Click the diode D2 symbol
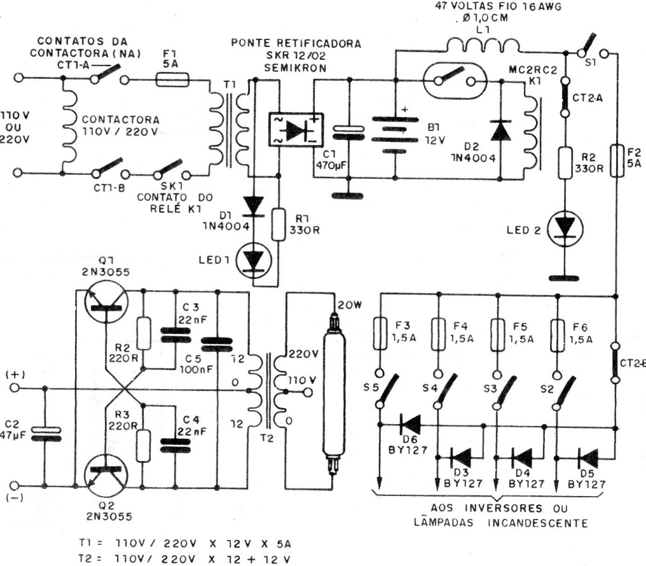coord(501,130)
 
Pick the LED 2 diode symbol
coord(564,226)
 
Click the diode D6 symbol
coord(410,422)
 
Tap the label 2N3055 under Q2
coord(108,516)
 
